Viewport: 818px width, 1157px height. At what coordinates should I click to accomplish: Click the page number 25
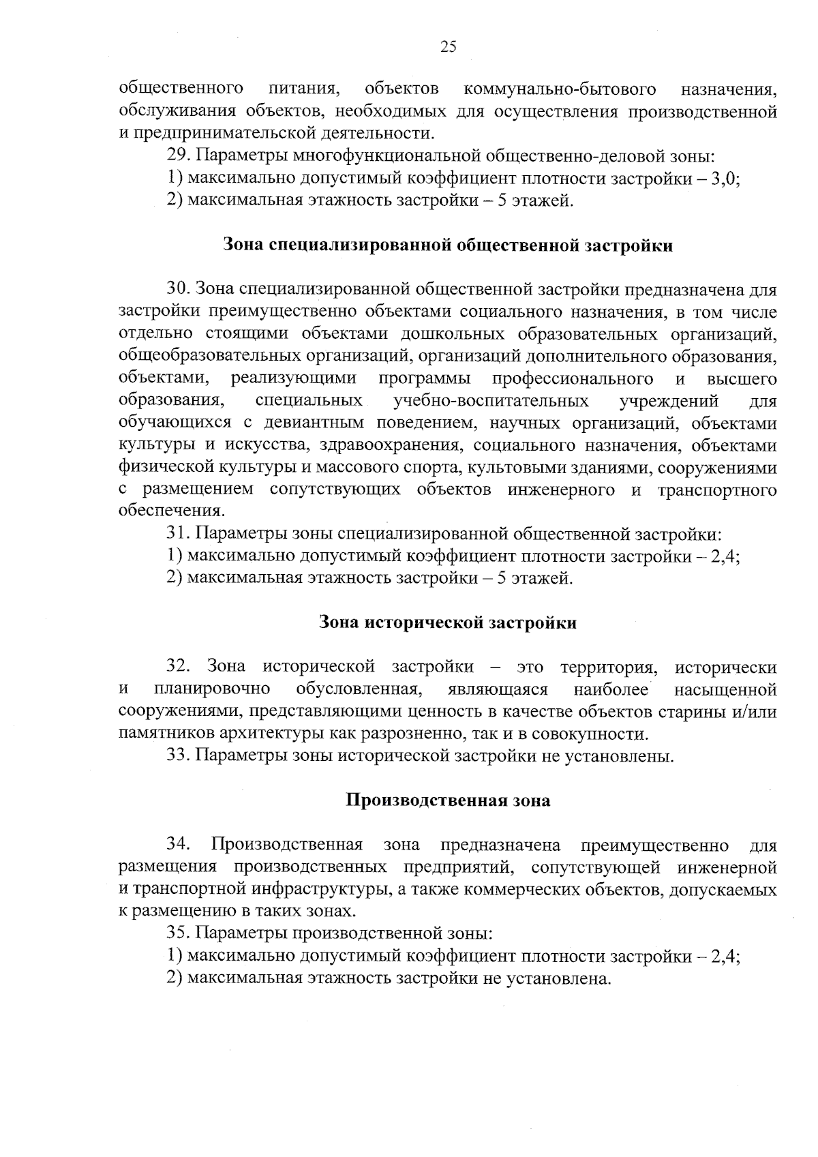tap(448, 46)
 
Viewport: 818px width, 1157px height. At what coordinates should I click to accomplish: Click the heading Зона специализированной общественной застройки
tap(448, 245)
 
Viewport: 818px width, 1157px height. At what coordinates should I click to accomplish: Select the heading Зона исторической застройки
tap(448, 622)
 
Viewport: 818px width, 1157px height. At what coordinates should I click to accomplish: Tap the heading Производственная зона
tap(448, 800)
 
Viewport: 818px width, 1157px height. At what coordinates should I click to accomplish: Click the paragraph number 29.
tap(178, 157)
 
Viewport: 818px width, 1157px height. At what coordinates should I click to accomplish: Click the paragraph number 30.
tap(178, 290)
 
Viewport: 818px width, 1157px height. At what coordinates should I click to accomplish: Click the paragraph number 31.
tap(178, 534)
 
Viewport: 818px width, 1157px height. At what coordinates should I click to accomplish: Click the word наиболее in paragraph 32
tap(611, 689)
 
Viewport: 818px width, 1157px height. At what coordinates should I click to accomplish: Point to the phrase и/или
tap(758, 712)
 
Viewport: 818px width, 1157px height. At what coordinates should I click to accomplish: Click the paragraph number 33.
tap(178, 755)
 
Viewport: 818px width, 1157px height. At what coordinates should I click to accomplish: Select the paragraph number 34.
tap(178, 845)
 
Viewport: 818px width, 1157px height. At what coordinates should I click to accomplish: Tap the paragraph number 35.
tap(178, 933)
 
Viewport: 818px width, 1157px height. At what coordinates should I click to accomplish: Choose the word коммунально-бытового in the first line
tap(560, 89)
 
